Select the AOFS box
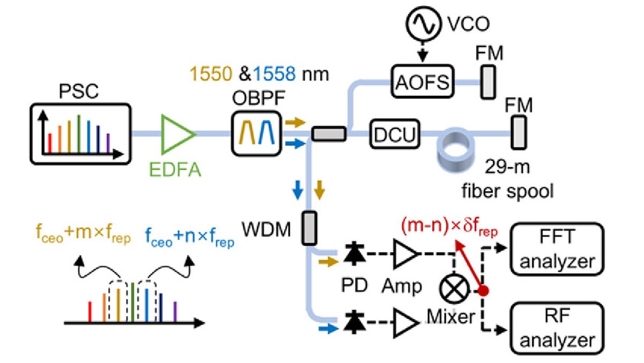(422, 82)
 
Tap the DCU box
(395, 134)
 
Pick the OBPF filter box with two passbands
(257, 133)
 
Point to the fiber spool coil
(456, 150)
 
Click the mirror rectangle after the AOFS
(488, 82)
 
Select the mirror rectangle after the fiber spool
(518, 132)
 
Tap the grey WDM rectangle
(309, 228)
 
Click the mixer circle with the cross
(454, 289)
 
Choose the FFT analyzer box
(557, 249)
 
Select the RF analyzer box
(557, 328)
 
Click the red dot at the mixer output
(483, 290)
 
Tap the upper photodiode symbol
(354, 253)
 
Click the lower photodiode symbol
(354, 322)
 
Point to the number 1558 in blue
(274, 74)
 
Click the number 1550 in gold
(211, 74)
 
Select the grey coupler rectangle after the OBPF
(329, 134)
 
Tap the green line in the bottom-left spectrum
(133, 302)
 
